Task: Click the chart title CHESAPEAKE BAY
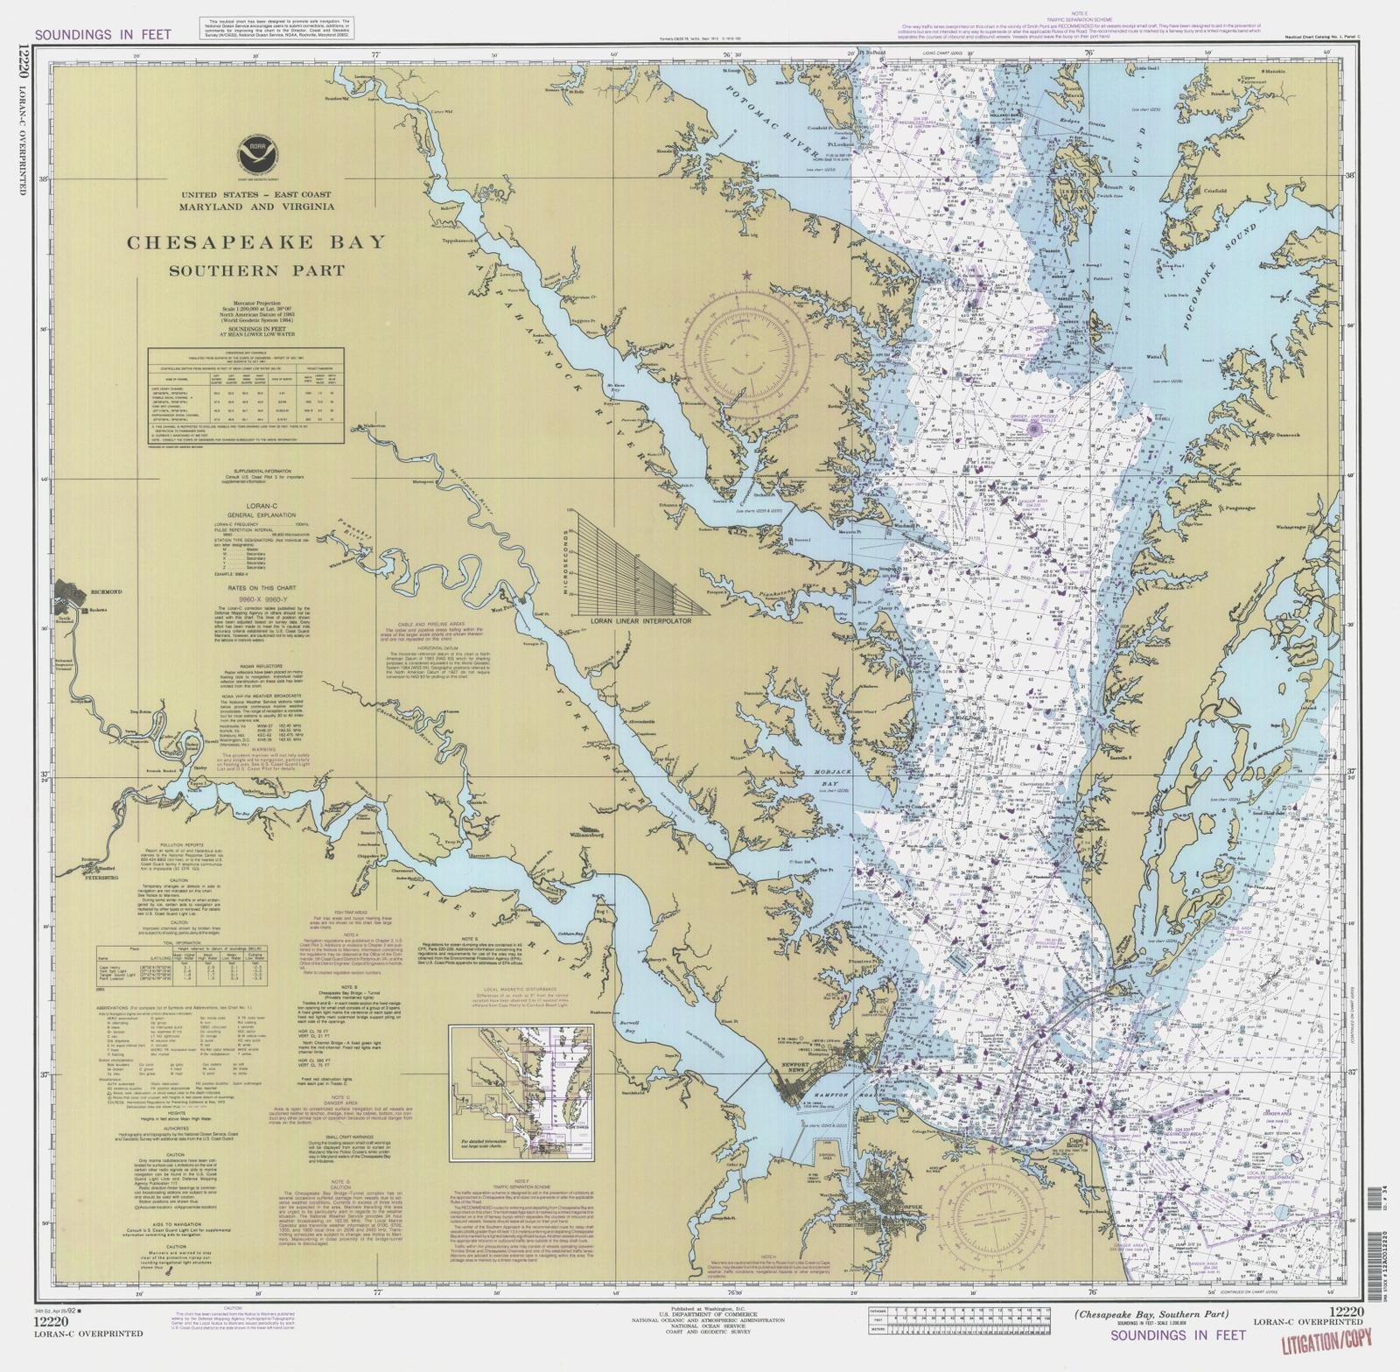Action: point(255,242)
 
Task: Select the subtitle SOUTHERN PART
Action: point(255,270)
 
